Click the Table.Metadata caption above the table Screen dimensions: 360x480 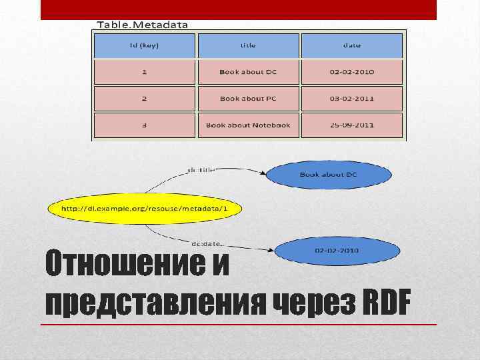143,25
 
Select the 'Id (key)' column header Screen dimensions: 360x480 145,45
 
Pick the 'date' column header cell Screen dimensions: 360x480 352,45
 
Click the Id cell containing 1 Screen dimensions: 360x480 145,72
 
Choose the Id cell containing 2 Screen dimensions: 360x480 145,99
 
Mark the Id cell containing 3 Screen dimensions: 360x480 145,125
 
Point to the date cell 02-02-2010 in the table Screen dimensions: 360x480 352,72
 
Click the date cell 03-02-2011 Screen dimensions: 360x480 352,99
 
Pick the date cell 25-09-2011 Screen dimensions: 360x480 352,125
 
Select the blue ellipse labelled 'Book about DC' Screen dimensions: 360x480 329,175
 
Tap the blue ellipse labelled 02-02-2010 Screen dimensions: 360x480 337,251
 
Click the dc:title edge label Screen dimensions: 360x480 201,169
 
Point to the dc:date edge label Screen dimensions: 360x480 207,244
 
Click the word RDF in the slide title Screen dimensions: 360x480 385,304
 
